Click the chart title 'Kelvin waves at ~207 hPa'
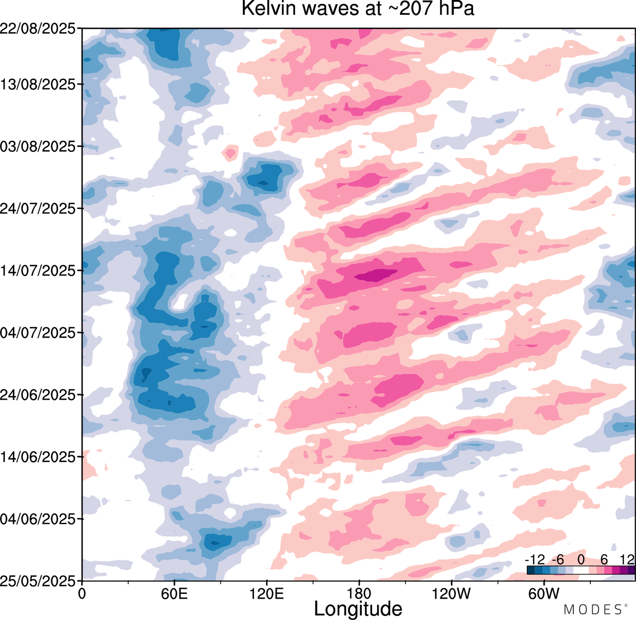358,8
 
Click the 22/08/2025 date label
38,29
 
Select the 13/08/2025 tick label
38,85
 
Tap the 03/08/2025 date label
38,147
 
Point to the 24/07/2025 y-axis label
38,209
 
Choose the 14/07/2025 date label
38,271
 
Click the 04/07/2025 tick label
38,333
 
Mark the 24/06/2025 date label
38,395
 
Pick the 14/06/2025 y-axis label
38,457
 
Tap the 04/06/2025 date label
38,519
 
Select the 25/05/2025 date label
38,580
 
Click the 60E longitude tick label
174,594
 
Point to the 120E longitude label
267,594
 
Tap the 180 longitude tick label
359,594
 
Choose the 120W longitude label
451,594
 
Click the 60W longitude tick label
544,594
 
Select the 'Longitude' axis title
358,609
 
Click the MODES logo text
592,609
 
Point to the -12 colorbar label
535,560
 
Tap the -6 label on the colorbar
558,560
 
